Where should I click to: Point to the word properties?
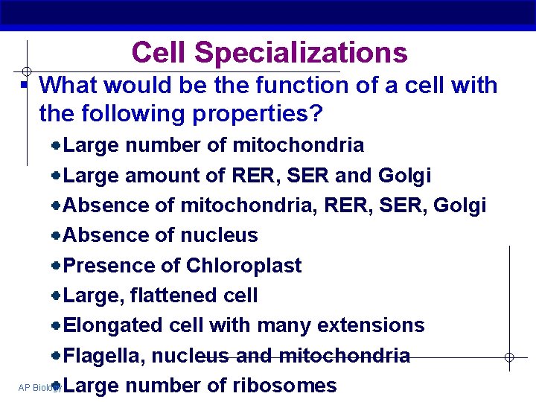256,114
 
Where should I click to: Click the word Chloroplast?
243,266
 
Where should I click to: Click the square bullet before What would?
24,86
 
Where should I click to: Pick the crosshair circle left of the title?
26,71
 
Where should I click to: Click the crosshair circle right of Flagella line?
509,357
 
